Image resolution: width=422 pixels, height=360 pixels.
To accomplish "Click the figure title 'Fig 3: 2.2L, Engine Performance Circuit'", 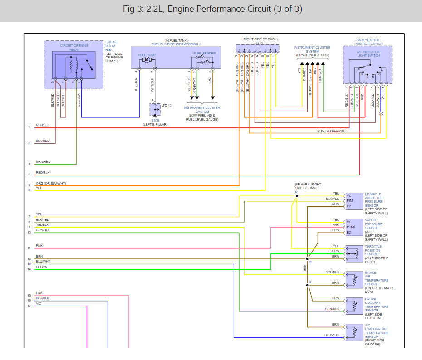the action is pyautogui.click(x=197, y=9).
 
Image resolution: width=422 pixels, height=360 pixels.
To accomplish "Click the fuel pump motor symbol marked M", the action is pyautogui.click(x=147, y=60).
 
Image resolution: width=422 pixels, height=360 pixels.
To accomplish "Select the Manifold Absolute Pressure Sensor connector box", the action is pyautogui.click(x=354, y=201).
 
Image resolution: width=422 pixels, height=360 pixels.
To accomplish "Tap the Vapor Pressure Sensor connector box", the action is pyautogui.click(x=354, y=227).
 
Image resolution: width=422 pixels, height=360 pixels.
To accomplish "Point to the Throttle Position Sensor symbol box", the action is pyautogui.click(x=354, y=253).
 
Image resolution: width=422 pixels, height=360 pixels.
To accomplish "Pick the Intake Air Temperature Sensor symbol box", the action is pyautogui.click(x=354, y=280).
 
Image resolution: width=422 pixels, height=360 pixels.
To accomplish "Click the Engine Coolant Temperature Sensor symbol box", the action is pyautogui.click(x=354, y=306).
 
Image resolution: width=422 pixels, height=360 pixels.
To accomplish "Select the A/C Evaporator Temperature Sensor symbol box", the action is pyautogui.click(x=354, y=332).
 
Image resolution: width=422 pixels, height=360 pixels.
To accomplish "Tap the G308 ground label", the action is pyautogui.click(x=155, y=121).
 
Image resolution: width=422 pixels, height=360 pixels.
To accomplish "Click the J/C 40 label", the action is pyautogui.click(x=167, y=105).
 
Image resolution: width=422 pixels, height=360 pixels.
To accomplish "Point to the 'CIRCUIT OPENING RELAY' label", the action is pyautogui.click(x=74, y=48).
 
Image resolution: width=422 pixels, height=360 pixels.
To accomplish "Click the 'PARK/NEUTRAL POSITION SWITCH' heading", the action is pyautogui.click(x=368, y=42).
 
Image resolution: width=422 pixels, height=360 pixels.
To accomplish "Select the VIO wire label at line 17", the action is pyautogui.click(x=39, y=303).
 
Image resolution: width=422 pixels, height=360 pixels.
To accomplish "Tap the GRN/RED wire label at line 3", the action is pyautogui.click(x=43, y=161).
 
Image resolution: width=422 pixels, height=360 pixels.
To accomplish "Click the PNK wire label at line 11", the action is pyautogui.click(x=39, y=245).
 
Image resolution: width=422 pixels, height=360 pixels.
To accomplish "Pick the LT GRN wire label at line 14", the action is pyautogui.click(x=42, y=267).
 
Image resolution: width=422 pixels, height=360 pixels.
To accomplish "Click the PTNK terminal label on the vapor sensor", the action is pyautogui.click(x=351, y=227).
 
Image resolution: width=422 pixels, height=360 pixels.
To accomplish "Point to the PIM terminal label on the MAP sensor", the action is pyautogui.click(x=350, y=200).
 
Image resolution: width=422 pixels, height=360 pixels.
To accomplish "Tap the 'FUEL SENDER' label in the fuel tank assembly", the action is pyautogui.click(x=205, y=53).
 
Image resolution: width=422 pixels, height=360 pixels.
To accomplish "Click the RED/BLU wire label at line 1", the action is pyautogui.click(x=43, y=125).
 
